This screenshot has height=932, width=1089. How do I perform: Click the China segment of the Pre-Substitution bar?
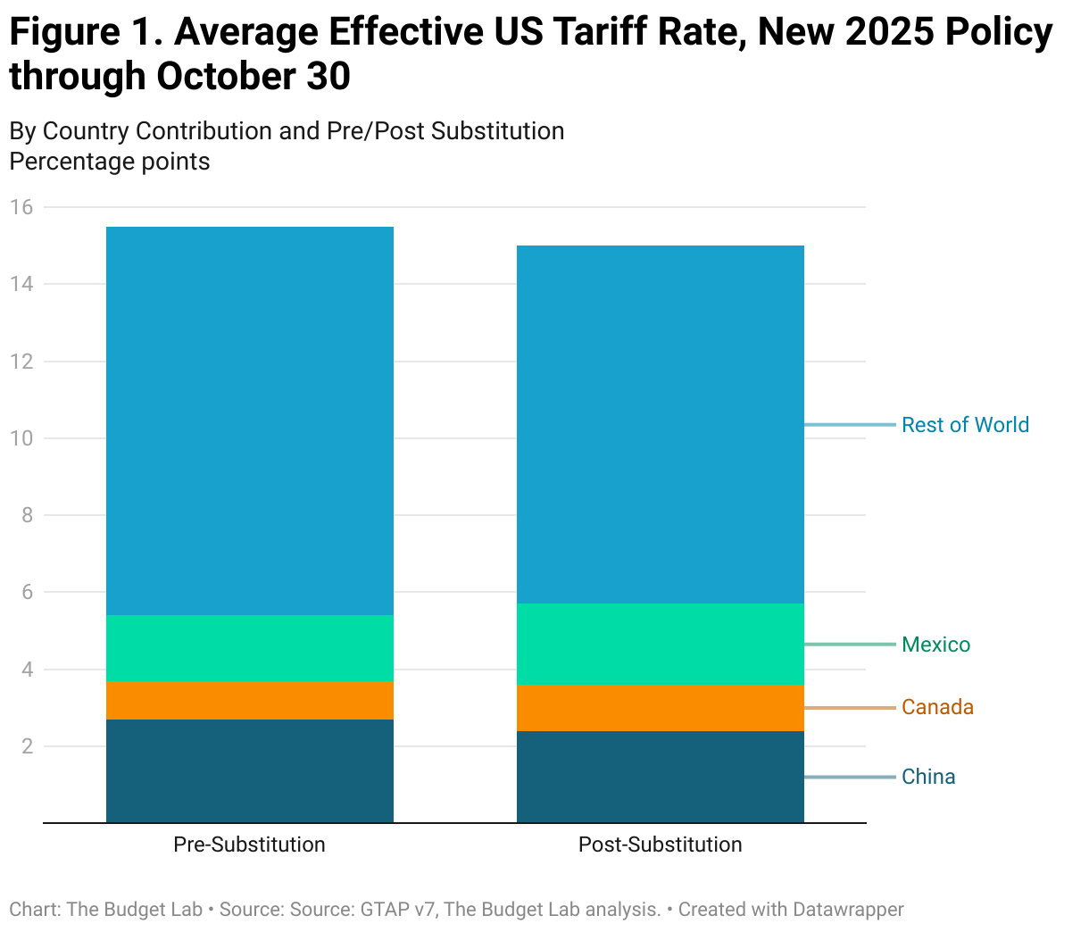[x=249, y=770]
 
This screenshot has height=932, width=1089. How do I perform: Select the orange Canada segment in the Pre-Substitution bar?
[x=249, y=700]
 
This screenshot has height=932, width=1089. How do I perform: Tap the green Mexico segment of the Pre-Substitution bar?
[x=249, y=648]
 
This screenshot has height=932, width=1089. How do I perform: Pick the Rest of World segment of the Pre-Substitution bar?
[x=249, y=420]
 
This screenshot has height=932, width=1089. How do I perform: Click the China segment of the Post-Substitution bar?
[x=660, y=777]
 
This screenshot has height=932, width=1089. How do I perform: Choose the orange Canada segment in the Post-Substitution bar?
[x=660, y=708]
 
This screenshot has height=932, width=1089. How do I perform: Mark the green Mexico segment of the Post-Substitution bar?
[x=660, y=644]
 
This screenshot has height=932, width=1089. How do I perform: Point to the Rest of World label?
[x=965, y=425]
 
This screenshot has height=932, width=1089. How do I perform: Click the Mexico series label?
[x=935, y=645]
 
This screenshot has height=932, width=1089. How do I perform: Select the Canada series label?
[x=937, y=707]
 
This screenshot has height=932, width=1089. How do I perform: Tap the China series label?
[x=928, y=777]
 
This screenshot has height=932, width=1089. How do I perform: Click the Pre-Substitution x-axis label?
[x=249, y=845]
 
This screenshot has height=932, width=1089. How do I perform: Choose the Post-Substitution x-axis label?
[x=660, y=845]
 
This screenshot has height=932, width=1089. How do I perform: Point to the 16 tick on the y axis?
[x=21, y=207]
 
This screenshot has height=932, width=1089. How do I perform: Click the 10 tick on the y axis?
[x=21, y=438]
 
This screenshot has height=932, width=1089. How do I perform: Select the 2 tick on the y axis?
[x=27, y=746]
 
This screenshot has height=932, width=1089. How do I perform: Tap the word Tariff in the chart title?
[x=607, y=32]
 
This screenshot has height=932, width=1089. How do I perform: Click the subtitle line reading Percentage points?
[x=110, y=162]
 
